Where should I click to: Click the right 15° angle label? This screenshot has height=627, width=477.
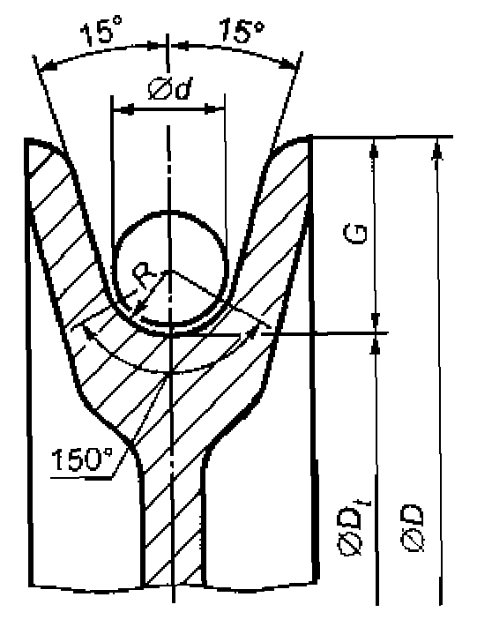(242, 29)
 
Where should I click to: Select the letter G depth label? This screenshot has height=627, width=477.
(355, 234)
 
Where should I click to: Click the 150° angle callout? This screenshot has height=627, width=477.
(82, 459)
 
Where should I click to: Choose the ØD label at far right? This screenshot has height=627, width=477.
(413, 528)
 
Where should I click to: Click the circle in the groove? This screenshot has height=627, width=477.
(171, 267)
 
